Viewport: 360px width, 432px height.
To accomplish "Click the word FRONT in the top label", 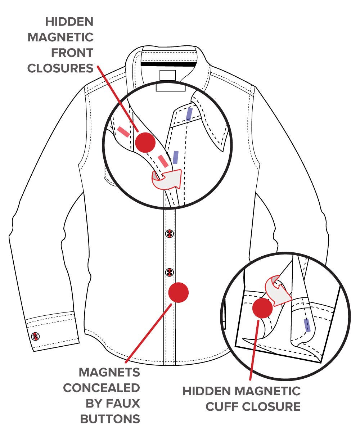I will (x=72, y=53).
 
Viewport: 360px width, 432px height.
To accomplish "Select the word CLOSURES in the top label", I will (x=60, y=68).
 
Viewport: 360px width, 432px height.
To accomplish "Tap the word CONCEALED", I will (x=102, y=388).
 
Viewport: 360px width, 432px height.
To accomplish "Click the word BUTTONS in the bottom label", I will (x=110, y=419).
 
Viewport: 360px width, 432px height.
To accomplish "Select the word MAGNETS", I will (x=109, y=372).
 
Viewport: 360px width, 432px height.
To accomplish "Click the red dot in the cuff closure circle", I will (x=262, y=308).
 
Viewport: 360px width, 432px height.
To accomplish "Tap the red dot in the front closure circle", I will (x=145, y=142).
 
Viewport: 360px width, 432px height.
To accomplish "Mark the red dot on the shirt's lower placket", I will (x=179, y=293).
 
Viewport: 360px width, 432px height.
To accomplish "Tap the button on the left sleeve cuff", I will (x=35, y=337).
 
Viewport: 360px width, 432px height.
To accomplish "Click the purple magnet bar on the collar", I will (x=189, y=114).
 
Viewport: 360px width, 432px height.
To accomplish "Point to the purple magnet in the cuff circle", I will (x=307, y=325).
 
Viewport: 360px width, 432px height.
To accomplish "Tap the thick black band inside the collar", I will (x=169, y=64).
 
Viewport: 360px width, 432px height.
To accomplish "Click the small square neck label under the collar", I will (x=167, y=75).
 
